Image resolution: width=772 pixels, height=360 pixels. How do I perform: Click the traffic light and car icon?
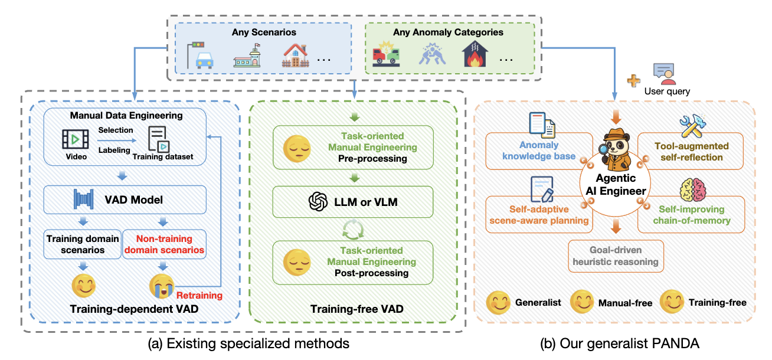199,55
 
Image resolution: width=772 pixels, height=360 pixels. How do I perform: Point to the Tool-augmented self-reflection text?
691,151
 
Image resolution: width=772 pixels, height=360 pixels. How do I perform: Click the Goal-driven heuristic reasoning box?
616,256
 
